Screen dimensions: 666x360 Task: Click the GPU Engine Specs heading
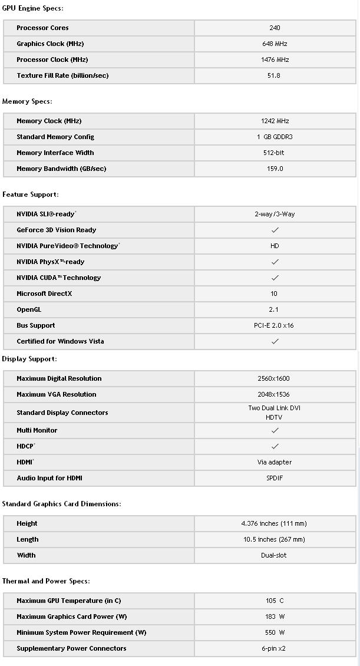click(x=33, y=8)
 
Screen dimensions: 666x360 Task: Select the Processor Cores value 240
click(x=275, y=28)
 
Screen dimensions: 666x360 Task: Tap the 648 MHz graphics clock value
click(x=275, y=44)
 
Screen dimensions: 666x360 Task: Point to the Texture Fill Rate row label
click(x=62, y=75)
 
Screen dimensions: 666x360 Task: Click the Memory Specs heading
click(x=27, y=101)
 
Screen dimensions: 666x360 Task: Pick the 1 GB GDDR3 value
click(x=275, y=137)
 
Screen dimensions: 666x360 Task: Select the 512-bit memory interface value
click(x=275, y=153)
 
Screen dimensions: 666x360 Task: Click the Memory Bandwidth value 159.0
click(x=275, y=169)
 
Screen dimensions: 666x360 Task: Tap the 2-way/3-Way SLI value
click(x=275, y=214)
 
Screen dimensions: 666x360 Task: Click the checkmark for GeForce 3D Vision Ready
click(x=275, y=230)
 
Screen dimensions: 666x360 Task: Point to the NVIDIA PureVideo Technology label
click(x=67, y=246)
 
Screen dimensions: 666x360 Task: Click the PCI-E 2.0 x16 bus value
click(x=274, y=325)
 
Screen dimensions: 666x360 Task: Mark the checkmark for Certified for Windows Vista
click(x=275, y=341)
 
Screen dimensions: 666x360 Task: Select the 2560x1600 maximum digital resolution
click(x=275, y=378)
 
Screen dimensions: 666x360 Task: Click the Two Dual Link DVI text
click(x=275, y=408)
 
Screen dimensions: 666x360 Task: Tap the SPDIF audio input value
click(x=275, y=478)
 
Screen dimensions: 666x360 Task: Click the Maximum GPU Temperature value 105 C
click(x=275, y=601)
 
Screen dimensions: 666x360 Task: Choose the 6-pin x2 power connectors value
click(x=275, y=648)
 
